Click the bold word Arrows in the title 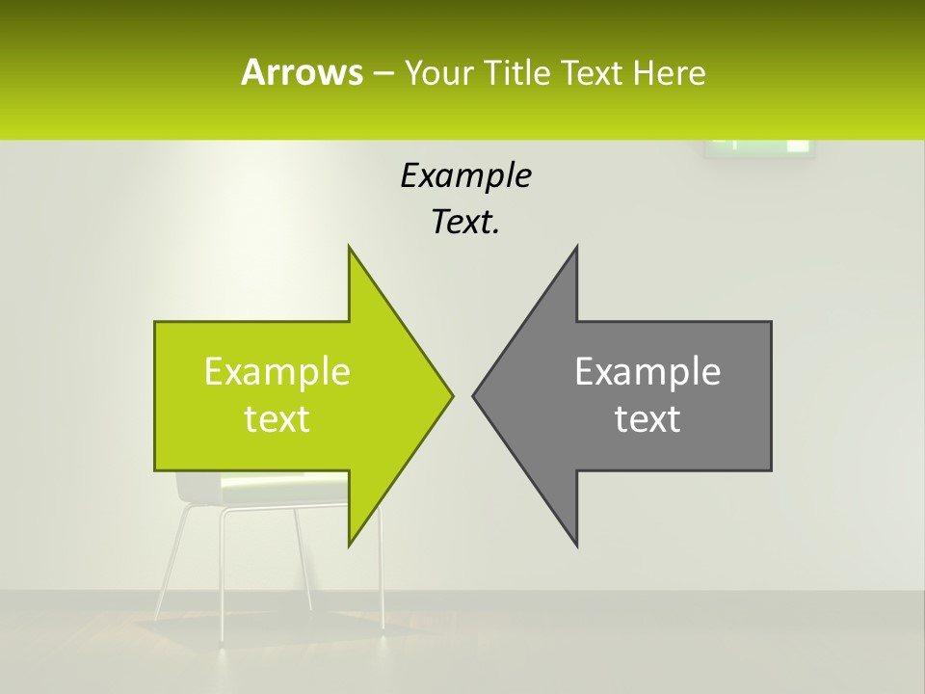tap(301, 72)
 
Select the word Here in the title tap(669, 72)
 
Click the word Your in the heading tap(439, 72)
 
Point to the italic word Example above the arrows tap(465, 175)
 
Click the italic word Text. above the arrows tap(465, 223)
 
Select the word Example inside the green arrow tap(277, 371)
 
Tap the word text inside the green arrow tap(277, 419)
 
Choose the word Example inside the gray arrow tap(647, 371)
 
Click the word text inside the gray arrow tap(647, 419)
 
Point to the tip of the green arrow tap(451, 395)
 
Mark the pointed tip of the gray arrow tap(474, 395)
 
